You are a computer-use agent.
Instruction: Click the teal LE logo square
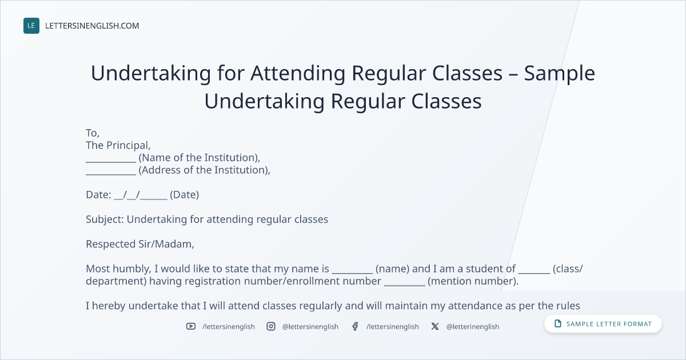(x=31, y=26)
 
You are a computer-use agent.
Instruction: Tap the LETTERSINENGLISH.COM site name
(x=92, y=26)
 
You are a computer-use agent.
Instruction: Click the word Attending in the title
(x=298, y=74)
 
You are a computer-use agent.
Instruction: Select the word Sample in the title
(x=559, y=74)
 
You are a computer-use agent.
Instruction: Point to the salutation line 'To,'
(x=93, y=133)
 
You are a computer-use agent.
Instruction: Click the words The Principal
(x=118, y=145)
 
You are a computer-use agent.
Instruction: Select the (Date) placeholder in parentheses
(x=184, y=195)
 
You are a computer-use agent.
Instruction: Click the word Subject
(x=105, y=219)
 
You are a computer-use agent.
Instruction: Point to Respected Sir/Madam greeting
(x=140, y=244)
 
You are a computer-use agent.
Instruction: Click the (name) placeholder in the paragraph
(x=392, y=269)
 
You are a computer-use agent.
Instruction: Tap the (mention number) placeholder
(x=473, y=281)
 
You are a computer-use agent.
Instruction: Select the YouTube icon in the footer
(x=191, y=326)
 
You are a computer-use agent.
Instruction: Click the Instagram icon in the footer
(x=271, y=326)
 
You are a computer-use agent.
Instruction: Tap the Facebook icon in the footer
(x=355, y=326)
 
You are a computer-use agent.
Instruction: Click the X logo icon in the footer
(x=435, y=326)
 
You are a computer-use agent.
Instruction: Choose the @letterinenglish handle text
(x=473, y=327)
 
